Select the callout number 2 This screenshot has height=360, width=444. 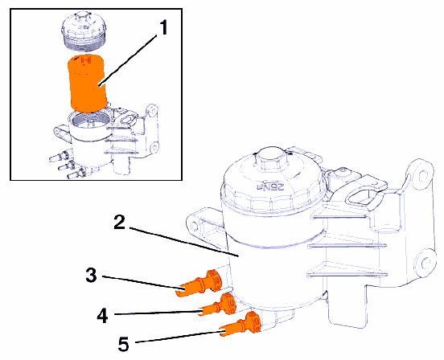click(x=120, y=222)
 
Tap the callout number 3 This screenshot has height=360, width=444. click(x=92, y=275)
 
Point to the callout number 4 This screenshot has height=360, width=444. click(x=102, y=315)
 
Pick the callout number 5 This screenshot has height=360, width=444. click(x=124, y=344)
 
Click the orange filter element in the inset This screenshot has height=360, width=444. click(x=87, y=83)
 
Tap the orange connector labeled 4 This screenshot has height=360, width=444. click(x=218, y=305)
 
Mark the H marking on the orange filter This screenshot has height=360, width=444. click(x=85, y=60)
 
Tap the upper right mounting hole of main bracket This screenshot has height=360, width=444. click(x=421, y=176)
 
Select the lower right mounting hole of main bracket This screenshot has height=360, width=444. click(x=426, y=263)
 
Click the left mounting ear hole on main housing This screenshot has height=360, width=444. click(x=195, y=225)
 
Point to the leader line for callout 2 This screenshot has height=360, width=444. click(x=185, y=241)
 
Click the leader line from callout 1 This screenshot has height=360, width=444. click(x=129, y=59)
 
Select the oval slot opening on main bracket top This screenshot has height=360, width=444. click(x=363, y=197)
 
